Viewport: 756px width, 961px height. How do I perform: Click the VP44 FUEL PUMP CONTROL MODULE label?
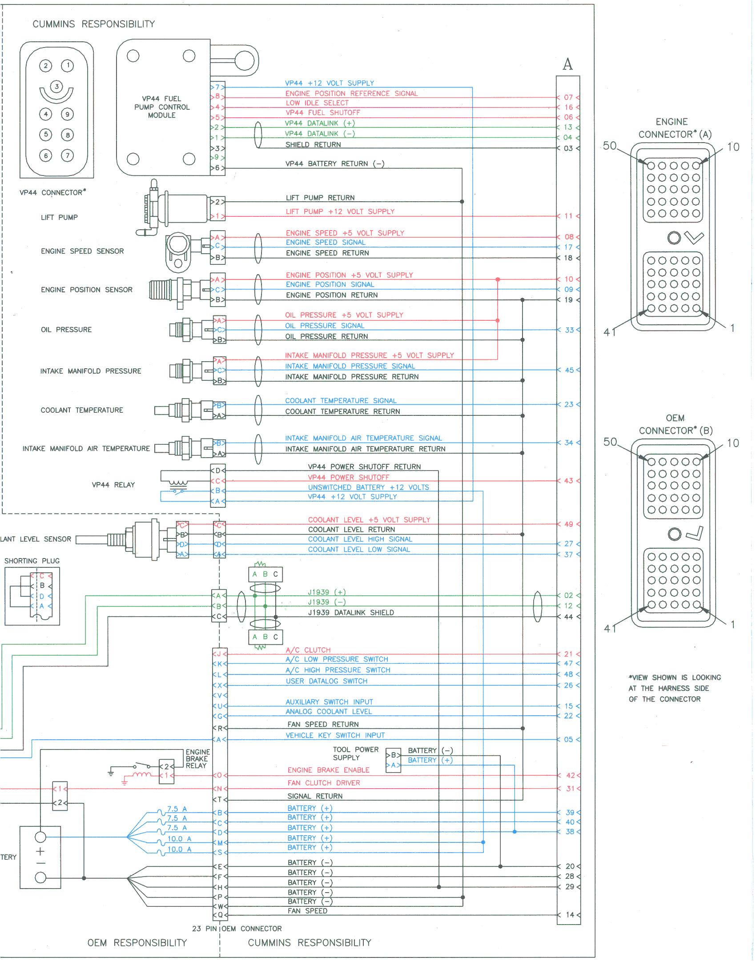162,107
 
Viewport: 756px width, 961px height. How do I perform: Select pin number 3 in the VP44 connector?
56,87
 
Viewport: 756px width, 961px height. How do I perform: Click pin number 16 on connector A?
568,108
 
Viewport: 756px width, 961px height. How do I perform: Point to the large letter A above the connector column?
567,65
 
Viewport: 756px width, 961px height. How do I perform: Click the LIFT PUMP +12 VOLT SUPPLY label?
340,212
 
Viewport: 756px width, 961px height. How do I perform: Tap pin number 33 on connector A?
569,330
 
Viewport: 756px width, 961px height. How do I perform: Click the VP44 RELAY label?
113,485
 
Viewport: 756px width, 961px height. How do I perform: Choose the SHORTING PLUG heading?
32,561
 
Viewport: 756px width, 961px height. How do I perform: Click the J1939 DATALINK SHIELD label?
351,613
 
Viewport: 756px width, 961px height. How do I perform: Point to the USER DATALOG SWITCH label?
326,681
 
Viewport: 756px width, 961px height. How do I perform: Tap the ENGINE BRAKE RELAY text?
197,759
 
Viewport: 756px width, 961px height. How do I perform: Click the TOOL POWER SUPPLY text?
355,754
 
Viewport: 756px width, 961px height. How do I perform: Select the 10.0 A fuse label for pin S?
179,849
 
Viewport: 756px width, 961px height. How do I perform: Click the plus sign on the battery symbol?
40,851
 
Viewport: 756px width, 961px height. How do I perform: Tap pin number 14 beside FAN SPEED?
570,915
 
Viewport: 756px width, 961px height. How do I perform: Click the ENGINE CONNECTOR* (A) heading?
674,128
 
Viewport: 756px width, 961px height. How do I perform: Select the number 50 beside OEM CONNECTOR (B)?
610,442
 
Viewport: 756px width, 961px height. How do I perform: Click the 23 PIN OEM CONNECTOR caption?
237,929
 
